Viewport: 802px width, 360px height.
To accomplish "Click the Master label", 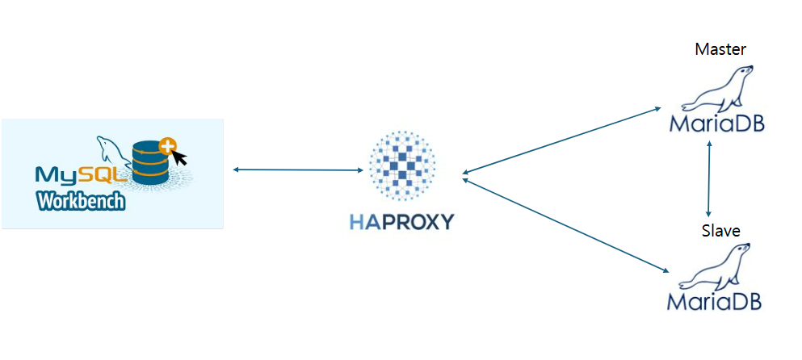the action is [x=720, y=50].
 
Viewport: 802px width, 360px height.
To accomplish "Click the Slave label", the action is [x=720, y=232].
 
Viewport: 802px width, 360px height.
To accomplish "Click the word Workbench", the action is [x=81, y=200].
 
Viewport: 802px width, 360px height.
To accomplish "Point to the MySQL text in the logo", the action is [x=81, y=174].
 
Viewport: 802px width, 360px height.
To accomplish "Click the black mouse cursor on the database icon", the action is [x=178, y=157].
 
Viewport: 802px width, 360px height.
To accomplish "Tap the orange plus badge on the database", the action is [x=167, y=146].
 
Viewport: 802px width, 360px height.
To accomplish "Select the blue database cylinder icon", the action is [x=151, y=164].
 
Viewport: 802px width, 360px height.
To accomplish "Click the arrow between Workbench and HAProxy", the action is [x=297, y=170].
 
